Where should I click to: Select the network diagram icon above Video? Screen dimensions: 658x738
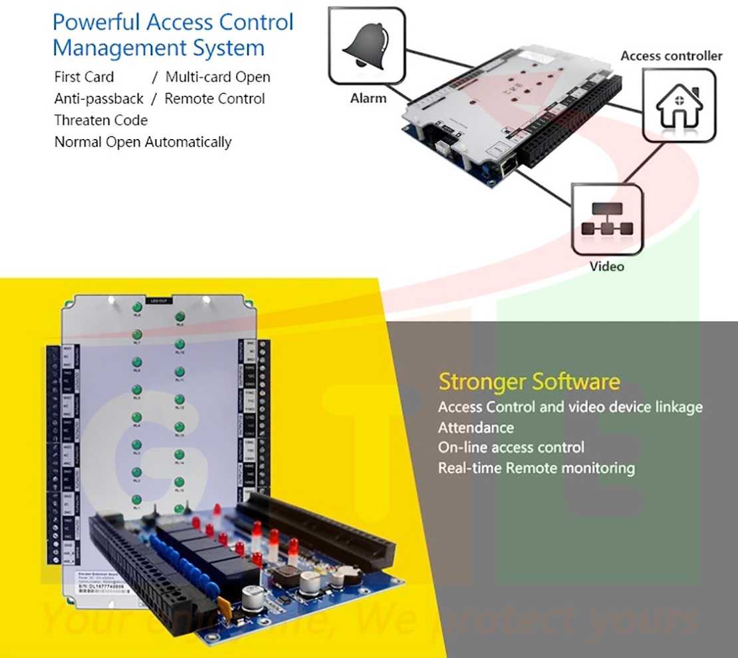point(607,220)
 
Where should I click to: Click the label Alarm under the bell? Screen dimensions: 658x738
point(368,98)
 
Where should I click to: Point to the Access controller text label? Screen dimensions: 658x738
point(671,56)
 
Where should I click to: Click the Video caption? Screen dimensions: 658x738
point(607,266)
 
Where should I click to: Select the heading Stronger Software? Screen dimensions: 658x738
point(529,382)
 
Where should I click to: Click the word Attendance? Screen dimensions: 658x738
point(475,427)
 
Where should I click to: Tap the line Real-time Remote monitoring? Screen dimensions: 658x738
point(536,468)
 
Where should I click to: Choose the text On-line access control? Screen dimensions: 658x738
point(511,447)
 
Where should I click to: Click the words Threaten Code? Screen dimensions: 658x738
point(100,120)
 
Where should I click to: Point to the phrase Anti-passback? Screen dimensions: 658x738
point(98,98)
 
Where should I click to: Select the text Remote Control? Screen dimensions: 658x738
point(214,98)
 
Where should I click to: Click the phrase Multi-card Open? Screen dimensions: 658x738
point(217,77)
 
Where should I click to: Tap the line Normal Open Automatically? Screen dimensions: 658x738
point(142,142)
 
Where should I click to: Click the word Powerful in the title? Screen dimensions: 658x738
point(96,22)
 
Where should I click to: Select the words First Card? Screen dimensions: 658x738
point(84,77)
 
